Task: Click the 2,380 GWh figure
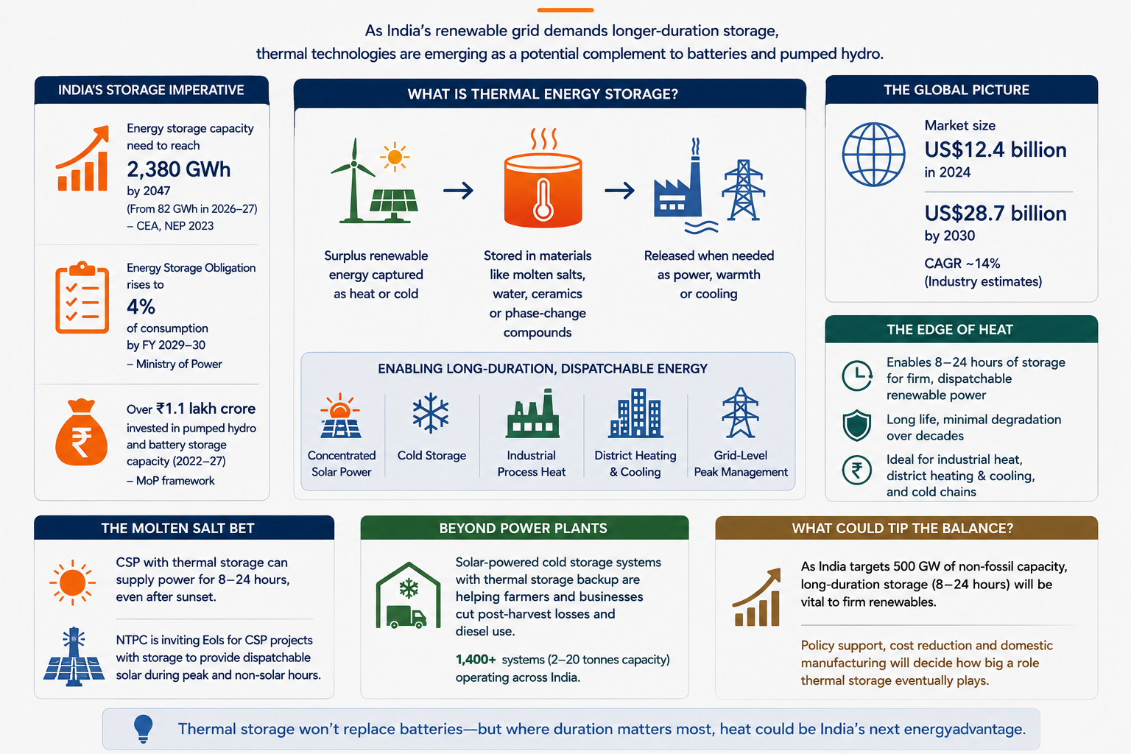[x=178, y=169]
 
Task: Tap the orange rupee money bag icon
[x=81, y=432]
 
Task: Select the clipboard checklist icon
[x=82, y=297]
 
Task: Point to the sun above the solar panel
[x=395, y=157]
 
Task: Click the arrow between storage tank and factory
[x=619, y=191]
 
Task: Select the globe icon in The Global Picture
[x=873, y=155]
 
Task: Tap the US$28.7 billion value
[x=996, y=214]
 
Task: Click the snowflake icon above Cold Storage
[x=430, y=413]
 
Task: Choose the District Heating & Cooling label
[x=635, y=463]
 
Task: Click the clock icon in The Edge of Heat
[x=857, y=376]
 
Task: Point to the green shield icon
[x=857, y=426]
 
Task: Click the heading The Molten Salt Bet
[x=177, y=528]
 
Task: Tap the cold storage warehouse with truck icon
[x=408, y=595]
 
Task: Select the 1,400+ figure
[x=476, y=660]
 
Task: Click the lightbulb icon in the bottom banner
[x=143, y=729]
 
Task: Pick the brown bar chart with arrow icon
[x=757, y=597]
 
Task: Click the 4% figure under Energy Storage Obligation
[x=141, y=306]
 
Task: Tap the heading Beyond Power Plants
[x=523, y=528]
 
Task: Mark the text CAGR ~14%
[x=962, y=263]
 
